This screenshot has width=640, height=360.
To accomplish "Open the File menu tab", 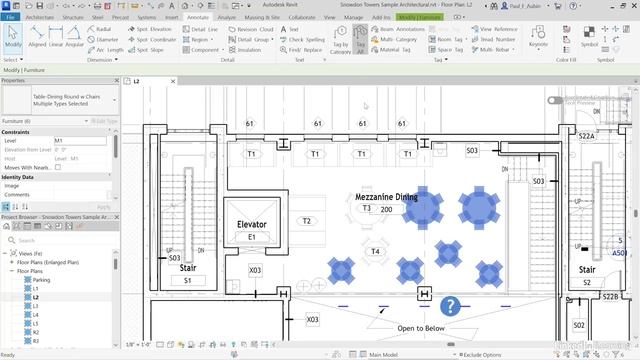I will [x=10, y=17].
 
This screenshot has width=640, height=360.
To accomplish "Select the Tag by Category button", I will [x=340, y=46].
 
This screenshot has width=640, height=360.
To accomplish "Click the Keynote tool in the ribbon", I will [x=538, y=45].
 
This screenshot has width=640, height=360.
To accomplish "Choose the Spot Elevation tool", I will [x=155, y=30].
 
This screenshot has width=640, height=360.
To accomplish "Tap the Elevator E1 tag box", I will [x=252, y=238].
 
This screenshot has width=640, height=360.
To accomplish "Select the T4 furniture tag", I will [x=375, y=252].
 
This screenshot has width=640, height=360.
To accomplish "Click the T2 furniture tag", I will [x=307, y=221].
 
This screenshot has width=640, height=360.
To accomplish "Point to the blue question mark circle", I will [x=451, y=306].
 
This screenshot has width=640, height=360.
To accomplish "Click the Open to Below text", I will [x=423, y=328].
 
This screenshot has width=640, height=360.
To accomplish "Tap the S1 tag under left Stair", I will [x=188, y=281].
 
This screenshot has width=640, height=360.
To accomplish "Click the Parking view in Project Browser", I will [x=41, y=280].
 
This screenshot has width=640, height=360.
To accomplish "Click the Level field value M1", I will [x=60, y=141].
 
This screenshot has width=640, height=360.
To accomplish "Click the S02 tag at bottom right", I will [x=578, y=325].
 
